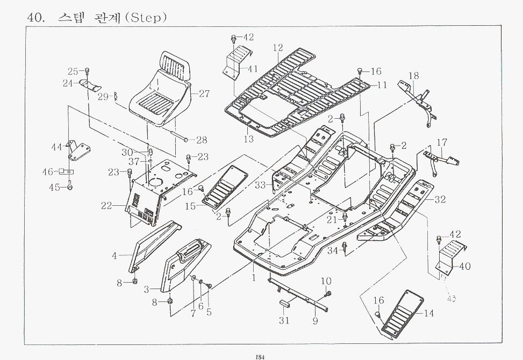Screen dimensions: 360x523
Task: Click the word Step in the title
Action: pyautogui.click(x=146, y=18)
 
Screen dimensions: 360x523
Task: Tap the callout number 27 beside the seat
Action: pyautogui.click(x=204, y=93)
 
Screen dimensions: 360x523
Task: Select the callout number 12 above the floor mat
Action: pyautogui.click(x=277, y=48)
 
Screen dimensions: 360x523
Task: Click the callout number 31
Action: pyautogui.click(x=284, y=321)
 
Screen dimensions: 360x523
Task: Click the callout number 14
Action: pyautogui.click(x=429, y=313)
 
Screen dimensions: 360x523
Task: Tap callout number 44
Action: pyautogui.click(x=56, y=147)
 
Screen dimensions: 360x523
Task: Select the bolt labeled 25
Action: pyautogui.click(x=87, y=71)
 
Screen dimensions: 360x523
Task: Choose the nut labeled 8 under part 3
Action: pyautogui.click(x=170, y=303)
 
